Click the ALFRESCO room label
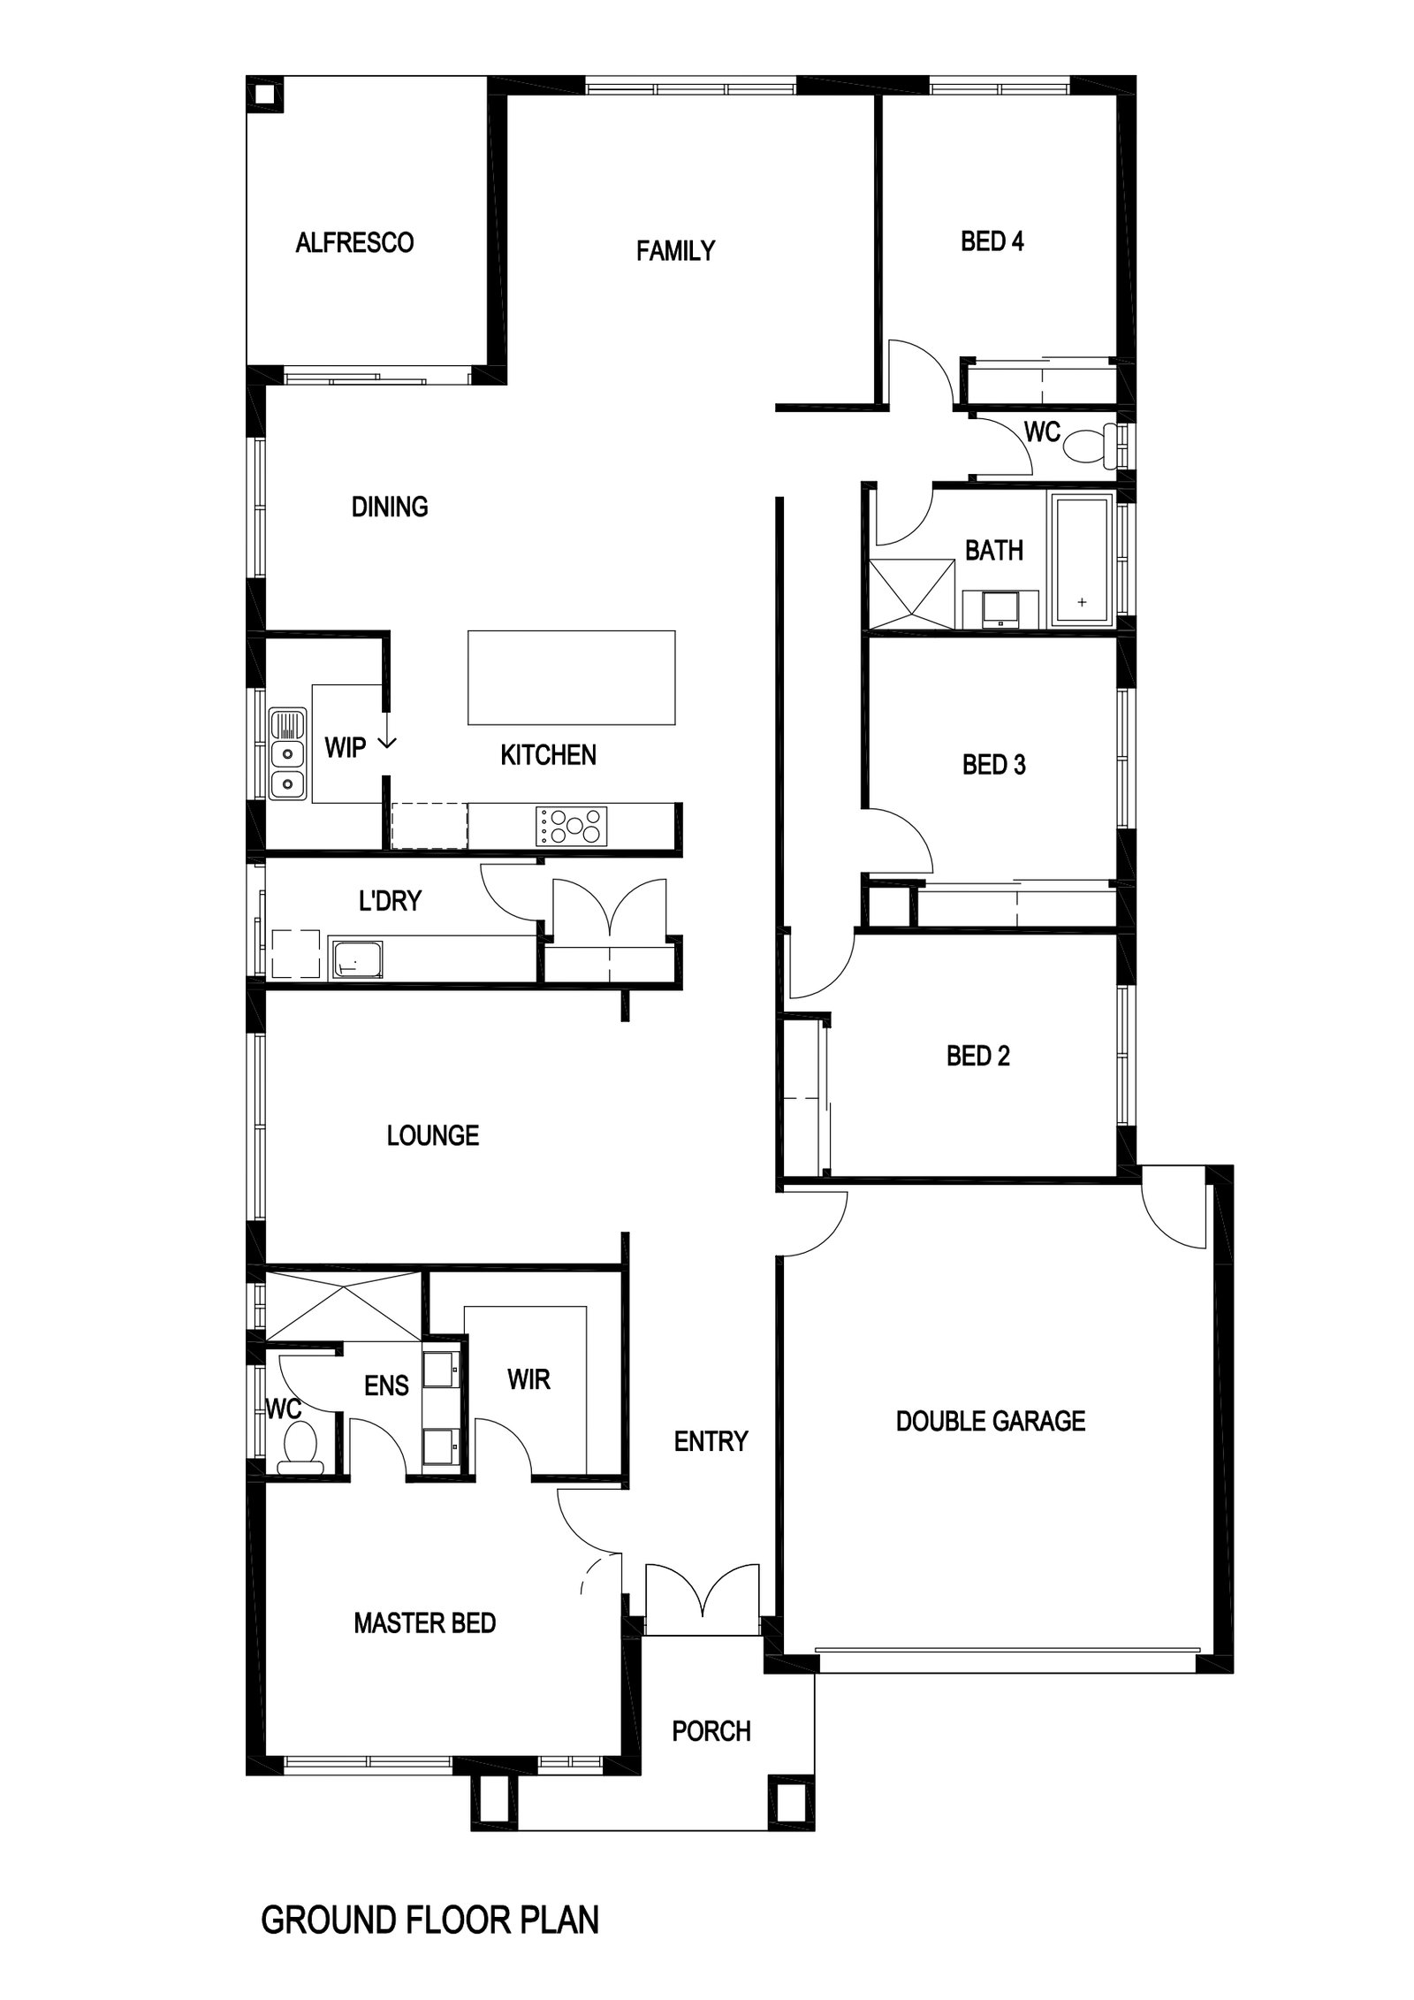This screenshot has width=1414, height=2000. tap(354, 242)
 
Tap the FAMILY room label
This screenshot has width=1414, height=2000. tap(675, 251)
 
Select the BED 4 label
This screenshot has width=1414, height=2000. tap(992, 241)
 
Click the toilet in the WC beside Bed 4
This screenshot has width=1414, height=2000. tap(1088, 445)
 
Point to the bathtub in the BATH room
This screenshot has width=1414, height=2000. tap(1081, 561)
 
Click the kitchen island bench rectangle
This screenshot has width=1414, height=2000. tap(571, 677)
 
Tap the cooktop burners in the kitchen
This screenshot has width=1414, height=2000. tap(571, 827)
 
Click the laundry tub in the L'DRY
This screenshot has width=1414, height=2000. tap(356, 959)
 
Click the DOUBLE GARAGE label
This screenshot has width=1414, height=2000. tap(990, 1422)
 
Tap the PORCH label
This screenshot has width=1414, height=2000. tap(711, 1731)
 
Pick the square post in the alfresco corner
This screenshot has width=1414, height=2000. tap(264, 95)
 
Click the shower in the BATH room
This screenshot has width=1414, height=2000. tap(912, 593)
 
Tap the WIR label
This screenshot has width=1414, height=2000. tap(528, 1379)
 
